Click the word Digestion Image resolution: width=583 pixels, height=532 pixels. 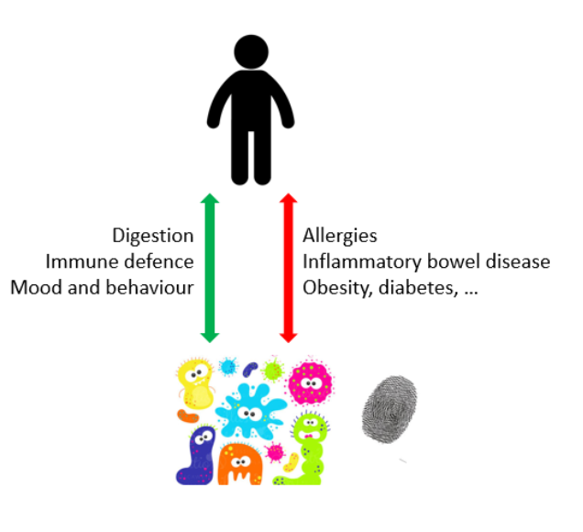[153, 236]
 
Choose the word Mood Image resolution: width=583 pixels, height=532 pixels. [35, 287]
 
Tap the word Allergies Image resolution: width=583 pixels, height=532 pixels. [340, 236]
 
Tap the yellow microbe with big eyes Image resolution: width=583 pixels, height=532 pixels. [196, 385]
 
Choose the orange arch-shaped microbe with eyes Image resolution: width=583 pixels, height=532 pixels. [239, 464]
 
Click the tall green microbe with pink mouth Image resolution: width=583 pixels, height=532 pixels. [306, 449]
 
